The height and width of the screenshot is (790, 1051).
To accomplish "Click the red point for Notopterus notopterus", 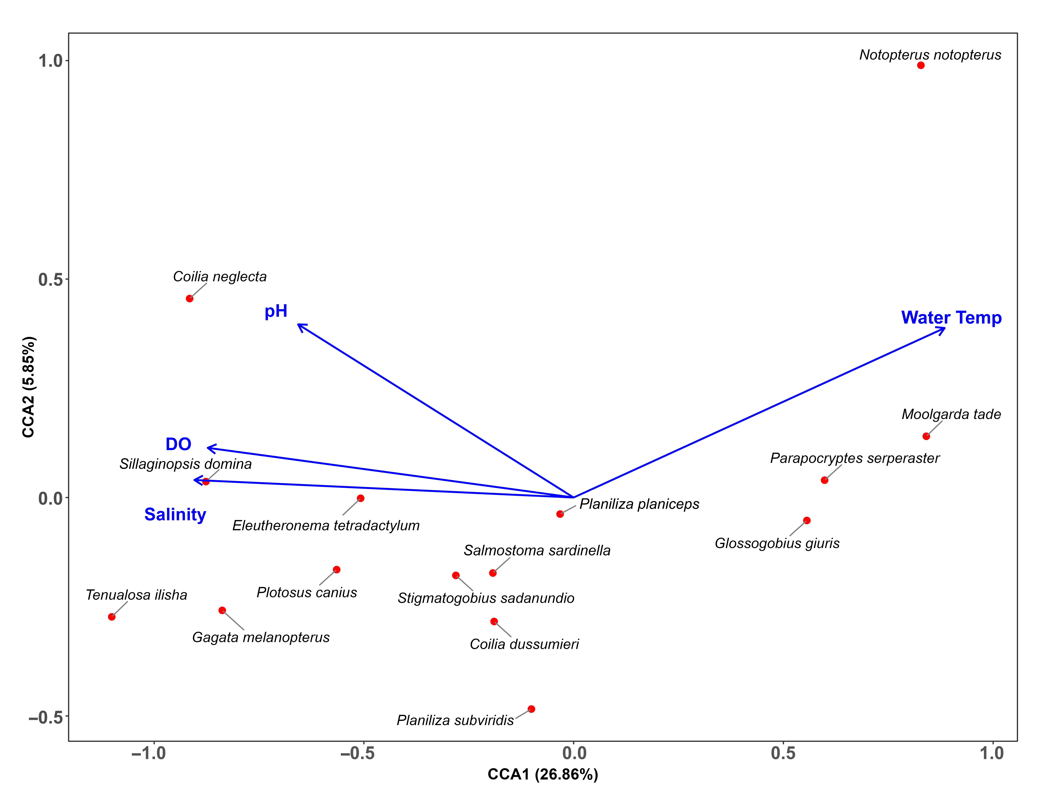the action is [x=921, y=65].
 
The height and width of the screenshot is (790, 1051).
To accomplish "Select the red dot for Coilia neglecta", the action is [x=190, y=298].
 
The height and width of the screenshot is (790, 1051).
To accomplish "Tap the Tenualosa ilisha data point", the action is [x=112, y=617].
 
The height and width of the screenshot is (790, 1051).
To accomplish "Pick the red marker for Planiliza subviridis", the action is [x=531, y=709].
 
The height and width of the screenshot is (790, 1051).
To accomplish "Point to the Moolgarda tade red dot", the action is [x=926, y=436].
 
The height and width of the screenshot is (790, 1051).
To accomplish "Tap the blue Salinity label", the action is [x=175, y=514].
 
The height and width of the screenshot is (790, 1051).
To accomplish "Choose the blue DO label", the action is [x=178, y=444].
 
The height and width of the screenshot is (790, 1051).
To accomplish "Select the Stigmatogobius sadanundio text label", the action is [x=486, y=598].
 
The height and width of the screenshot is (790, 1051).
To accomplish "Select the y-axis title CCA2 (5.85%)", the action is [x=29, y=387].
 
